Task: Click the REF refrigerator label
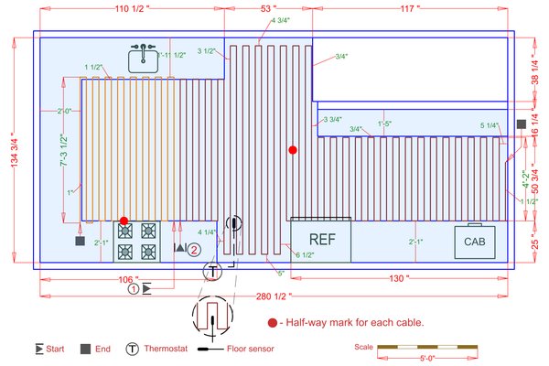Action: tap(320, 240)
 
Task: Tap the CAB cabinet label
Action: tap(474, 242)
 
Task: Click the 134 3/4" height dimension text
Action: tap(10, 151)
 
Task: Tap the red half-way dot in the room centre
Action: tap(293, 149)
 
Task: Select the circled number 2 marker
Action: tap(194, 248)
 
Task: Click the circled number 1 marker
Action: tap(133, 289)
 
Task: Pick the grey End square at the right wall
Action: tap(521, 124)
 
